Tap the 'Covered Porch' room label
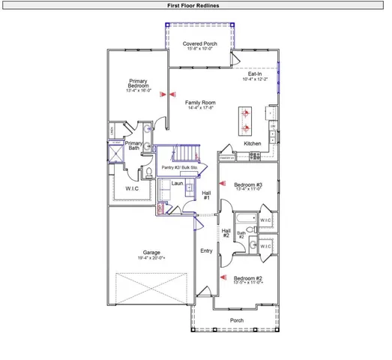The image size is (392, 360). click(200, 44)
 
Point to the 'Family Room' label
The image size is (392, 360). click(200, 102)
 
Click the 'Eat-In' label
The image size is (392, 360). click(254, 73)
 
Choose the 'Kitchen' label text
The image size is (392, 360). click(252, 143)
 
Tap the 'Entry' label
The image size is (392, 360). click(205, 251)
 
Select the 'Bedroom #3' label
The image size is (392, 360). click(248, 184)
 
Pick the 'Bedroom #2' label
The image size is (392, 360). click(248, 278)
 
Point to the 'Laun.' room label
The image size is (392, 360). click(177, 183)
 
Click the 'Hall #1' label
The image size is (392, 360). click(206, 195)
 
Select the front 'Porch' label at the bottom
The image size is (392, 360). click(236, 320)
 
